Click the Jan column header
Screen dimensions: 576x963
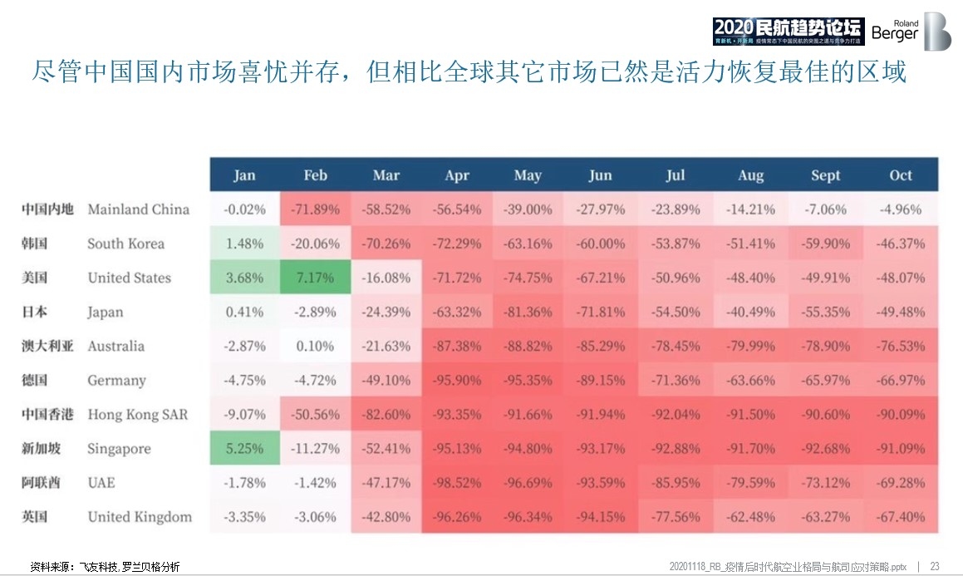pos(244,175)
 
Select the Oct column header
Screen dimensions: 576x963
pos(901,175)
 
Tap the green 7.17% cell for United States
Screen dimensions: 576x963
pos(315,278)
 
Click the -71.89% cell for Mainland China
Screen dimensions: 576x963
pos(315,209)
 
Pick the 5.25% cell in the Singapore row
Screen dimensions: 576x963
pos(244,449)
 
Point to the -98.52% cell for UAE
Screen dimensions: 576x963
pos(457,483)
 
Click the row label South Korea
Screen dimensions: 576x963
pos(125,244)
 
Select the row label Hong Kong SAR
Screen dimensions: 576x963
pos(137,415)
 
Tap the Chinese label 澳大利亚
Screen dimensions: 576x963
pos(47,346)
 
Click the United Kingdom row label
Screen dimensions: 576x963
pos(140,517)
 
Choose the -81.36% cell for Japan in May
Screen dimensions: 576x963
pos(528,312)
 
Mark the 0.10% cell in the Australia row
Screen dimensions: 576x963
pos(315,346)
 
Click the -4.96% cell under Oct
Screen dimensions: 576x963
pos(901,209)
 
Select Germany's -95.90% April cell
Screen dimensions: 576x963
pos(457,381)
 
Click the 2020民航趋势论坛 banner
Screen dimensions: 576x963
pos(788,31)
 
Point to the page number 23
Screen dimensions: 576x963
pos(935,566)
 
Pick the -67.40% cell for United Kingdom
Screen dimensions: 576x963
pos(901,517)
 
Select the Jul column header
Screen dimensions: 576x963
pos(675,175)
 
